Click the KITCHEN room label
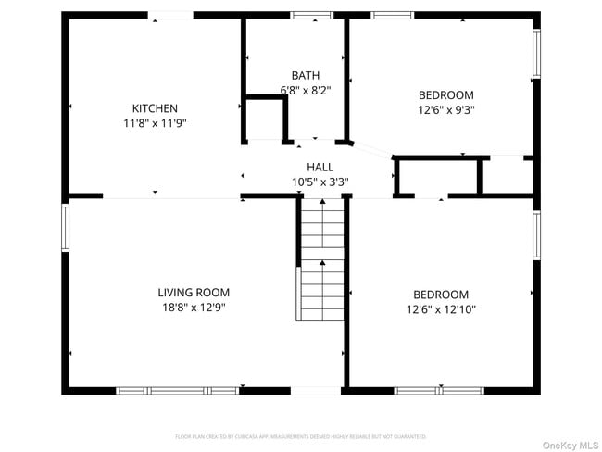pos(155,108)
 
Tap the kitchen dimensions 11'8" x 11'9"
pos(155,122)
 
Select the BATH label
pos(305,76)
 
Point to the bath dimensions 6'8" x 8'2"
pos(305,90)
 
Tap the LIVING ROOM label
pos(194,293)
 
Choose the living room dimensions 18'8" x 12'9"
pos(194,307)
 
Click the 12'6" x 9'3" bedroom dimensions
pos(445,108)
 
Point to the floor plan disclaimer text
pos(301,435)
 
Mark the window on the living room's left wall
pos(65,227)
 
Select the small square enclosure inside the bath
pos(265,117)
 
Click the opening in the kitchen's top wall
pos(171,15)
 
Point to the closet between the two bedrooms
pos(436,176)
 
